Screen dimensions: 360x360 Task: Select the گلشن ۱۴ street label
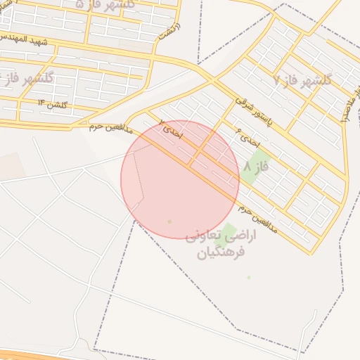pyautogui.click(x=53, y=105)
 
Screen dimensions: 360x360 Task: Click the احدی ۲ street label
pyautogui.click(x=171, y=129)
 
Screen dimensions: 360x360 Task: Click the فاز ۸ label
pyautogui.click(x=257, y=167)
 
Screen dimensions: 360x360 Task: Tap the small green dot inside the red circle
pyautogui.click(x=169, y=222)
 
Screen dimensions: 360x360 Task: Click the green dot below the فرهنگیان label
pyautogui.click(x=248, y=277)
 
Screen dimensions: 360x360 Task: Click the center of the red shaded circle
pyautogui.click(x=180, y=179)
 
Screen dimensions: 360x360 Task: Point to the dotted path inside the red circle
pyautogui.click(x=141, y=176)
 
